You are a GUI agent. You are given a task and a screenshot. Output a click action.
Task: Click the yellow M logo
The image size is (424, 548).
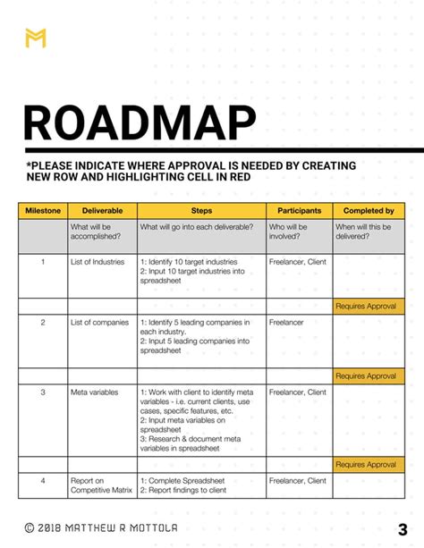click(36, 38)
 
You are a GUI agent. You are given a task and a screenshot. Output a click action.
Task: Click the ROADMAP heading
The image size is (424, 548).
click(139, 124)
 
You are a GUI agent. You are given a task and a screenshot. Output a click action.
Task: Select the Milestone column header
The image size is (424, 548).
click(43, 210)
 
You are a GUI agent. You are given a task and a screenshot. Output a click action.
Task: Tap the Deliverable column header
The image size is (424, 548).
click(101, 210)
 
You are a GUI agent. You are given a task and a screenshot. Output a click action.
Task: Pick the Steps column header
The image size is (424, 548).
click(201, 210)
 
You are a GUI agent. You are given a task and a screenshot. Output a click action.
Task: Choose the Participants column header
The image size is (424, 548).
click(299, 210)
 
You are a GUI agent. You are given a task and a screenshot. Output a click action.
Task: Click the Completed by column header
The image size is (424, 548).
click(369, 210)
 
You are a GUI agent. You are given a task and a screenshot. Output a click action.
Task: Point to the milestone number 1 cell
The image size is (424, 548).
click(43, 262)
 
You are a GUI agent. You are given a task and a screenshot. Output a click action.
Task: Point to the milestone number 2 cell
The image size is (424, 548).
click(43, 322)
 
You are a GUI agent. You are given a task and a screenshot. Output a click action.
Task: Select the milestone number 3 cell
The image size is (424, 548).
click(43, 392)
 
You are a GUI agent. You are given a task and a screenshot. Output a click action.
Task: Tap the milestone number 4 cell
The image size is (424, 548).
click(43, 481)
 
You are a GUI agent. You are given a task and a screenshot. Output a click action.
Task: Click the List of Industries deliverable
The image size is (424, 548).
click(97, 262)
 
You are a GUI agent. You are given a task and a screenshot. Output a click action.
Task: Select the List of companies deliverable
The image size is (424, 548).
click(99, 322)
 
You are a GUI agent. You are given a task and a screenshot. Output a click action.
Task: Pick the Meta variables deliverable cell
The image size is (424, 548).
click(95, 392)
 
